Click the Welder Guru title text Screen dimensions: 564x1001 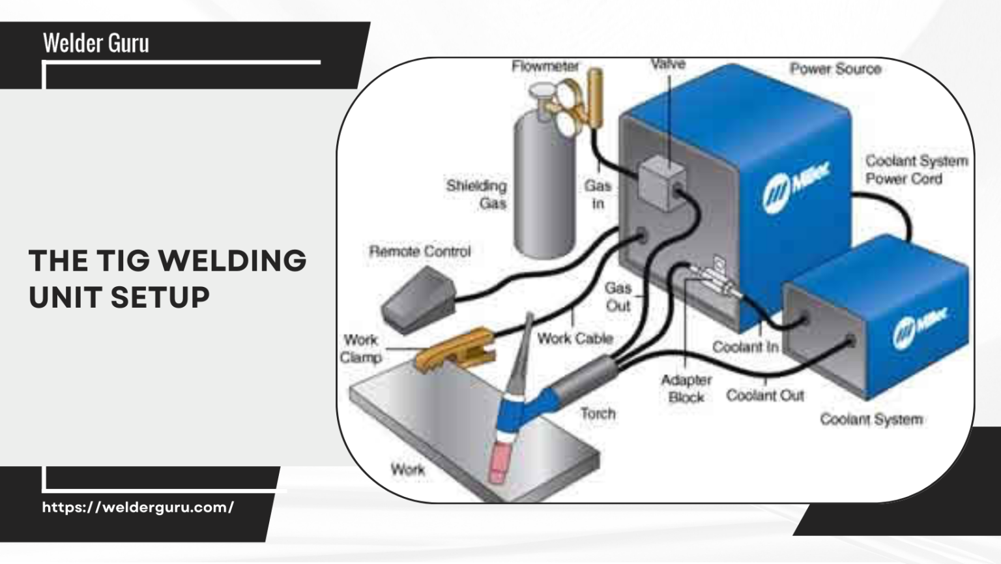click(x=96, y=44)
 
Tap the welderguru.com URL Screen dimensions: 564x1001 click(x=138, y=507)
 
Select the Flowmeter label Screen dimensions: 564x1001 click(x=545, y=67)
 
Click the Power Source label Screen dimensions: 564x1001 click(x=835, y=69)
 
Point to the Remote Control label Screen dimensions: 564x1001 click(x=420, y=251)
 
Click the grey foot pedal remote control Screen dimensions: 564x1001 click(x=418, y=299)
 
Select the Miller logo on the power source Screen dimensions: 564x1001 click(x=796, y=185)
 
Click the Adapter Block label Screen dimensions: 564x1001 click(x=686, y=389)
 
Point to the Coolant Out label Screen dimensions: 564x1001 click(x=765, y=396)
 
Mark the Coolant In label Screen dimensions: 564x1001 click(x=745, y=347)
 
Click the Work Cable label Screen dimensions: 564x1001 click(x=575, y=338)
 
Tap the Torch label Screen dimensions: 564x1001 click(x=598, y=413)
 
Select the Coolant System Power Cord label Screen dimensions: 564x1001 click(x=916, y=170)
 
